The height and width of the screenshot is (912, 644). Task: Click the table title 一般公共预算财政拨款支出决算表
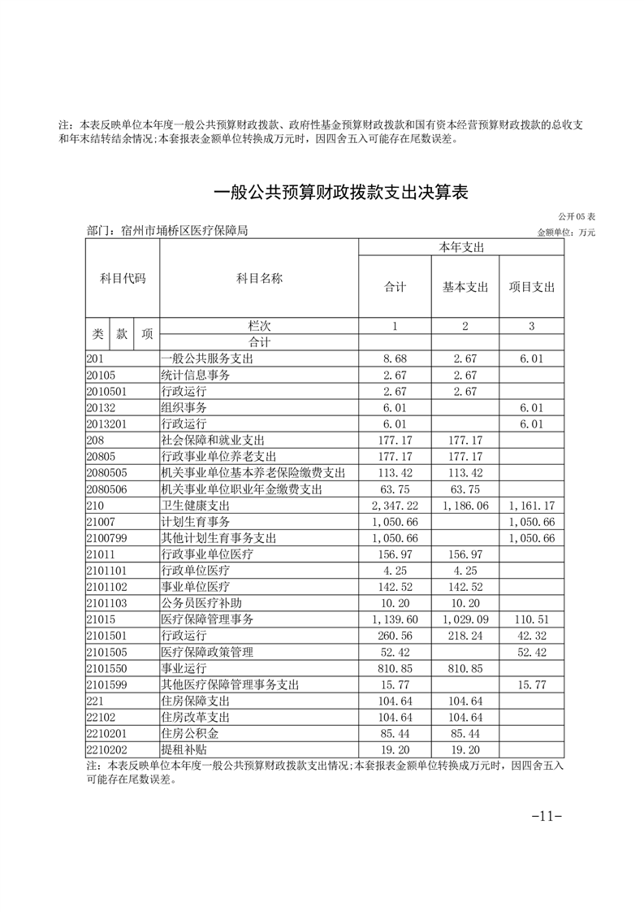click(340, 193)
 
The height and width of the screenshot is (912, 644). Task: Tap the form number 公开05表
click(577, 217)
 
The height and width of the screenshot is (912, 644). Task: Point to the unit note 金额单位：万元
click(566, 232)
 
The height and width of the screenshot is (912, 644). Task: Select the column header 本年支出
click(461, 247)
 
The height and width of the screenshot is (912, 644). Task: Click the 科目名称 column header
click(259, 279)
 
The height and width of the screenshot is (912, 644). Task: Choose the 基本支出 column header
click(465, 287)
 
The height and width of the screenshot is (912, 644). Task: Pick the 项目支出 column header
click(531, 287)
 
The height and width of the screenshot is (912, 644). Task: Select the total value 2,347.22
click(395, 505)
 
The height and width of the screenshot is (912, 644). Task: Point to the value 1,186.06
click(465, 505)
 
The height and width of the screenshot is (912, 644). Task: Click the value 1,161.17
click(532, 505)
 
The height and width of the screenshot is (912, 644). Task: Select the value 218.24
click(465, 636)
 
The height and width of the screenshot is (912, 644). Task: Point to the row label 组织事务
click(184, 407)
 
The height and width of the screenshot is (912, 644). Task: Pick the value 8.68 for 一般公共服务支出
click(395, 358)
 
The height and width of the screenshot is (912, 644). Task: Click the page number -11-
click(546, 816)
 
